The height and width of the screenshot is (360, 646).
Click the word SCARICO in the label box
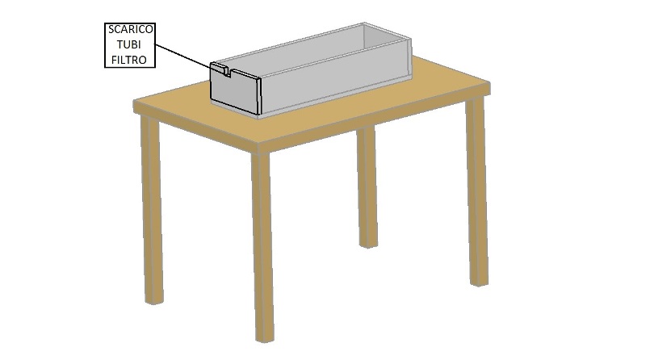pyautogui.click(x=130, y=30)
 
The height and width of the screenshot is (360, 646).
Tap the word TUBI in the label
pyautogui.click(x=129, y=44)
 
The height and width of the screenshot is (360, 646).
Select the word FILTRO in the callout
pyautogui.click(x=129, y=61)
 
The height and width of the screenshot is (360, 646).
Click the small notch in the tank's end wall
pyautogui.click(x=227, y=72)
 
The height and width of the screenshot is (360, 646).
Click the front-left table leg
pyautogui.click(x=152, y=210)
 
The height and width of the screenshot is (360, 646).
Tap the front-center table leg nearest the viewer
pyautogui.click(x=262, y=246)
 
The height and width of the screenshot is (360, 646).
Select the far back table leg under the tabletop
pyautogui.click(x=367, y=187)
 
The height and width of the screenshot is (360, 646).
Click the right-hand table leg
pyautogui.click(x=476, y=191)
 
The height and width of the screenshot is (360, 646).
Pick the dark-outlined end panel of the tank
pyautogui.click(x=235, y=90)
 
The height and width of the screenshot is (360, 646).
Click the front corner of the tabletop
pyautogui.click(x=258, y=144)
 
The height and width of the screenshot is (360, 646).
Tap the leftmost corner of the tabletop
pyautogui.click(x=134, y=102)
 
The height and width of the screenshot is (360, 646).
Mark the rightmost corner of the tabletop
pyautogui.click(x=490, y=84)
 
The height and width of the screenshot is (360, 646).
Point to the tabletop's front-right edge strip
pyautogui.click(x=374, y=119)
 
